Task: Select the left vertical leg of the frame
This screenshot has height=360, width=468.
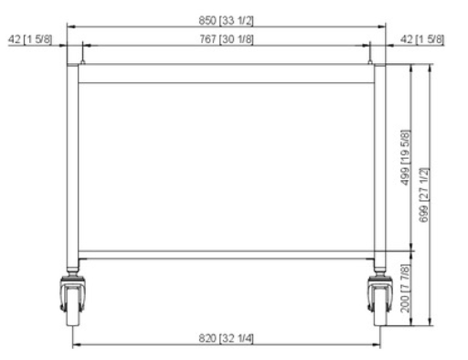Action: tap(71, 164)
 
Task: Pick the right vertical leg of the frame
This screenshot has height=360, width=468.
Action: tap(378, 164)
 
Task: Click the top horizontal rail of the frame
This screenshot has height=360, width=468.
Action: tap(224, 74)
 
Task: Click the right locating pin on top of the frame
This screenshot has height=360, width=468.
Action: tap(370, 58)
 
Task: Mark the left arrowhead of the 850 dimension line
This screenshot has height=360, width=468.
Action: tap(69, 26)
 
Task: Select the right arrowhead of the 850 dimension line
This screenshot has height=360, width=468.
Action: tap(381, 26)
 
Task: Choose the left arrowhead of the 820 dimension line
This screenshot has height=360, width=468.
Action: tap(76, 344)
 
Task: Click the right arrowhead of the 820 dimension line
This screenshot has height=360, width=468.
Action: tap(374, 344)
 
